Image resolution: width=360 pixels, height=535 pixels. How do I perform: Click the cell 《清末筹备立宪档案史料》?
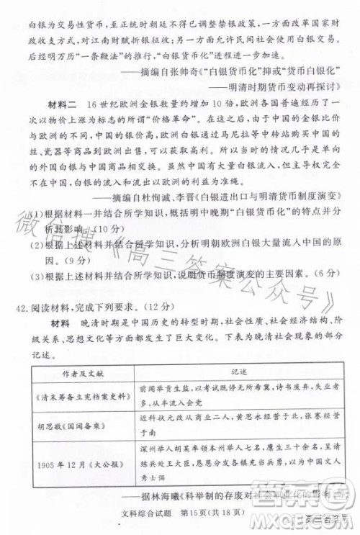[81, 403]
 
